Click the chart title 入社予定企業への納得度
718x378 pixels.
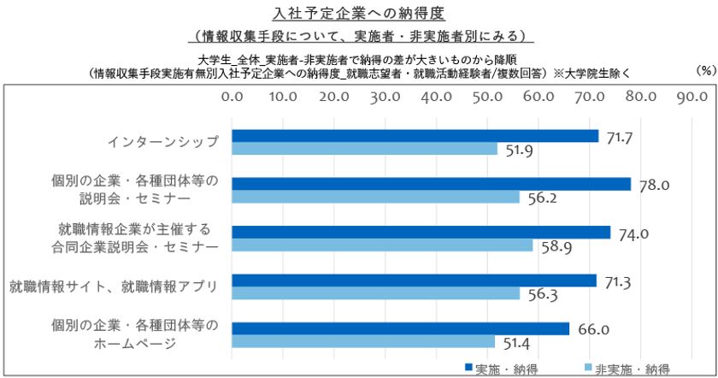click(x=358, y=14)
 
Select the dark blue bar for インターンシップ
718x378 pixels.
click(x=415, y=136)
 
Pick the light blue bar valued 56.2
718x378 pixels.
click(x=376, y=197)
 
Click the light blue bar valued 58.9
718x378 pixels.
click(x=383, y=245)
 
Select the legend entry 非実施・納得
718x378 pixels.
click(x=623, y=369)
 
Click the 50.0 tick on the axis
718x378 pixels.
click(x=487, y=97)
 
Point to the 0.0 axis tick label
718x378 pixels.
click(x=232, y=97)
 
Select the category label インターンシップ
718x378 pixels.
click(x=162, y=142)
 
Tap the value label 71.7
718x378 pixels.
click(x=619, y=136)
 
